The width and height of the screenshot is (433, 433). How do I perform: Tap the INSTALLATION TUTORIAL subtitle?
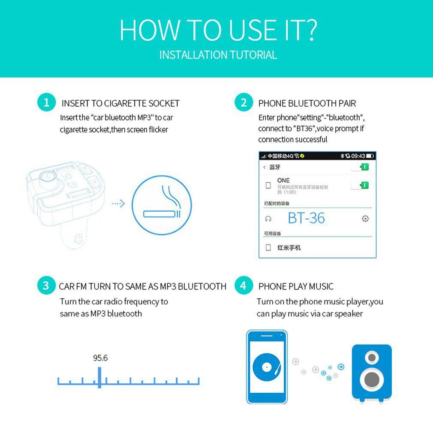pos(218,55)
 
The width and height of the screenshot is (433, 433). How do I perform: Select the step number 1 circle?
pos(46,102)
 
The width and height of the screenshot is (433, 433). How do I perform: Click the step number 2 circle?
pos(244,102)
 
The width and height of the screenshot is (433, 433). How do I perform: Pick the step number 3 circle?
pos(46,286)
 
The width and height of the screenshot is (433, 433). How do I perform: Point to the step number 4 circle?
pos(244,286)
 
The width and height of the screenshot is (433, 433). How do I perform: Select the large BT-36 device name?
pos(306,218)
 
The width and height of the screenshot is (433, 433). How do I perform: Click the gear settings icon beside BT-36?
pos(365,219)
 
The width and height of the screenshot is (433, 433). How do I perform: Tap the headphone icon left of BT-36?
pos(268,219)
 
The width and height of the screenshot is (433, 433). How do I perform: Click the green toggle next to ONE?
pos(360,185)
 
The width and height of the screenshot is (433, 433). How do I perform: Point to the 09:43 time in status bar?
pos(358,156)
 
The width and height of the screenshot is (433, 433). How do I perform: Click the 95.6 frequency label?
pos(100,358)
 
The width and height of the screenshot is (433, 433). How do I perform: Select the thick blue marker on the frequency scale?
pos(99,377)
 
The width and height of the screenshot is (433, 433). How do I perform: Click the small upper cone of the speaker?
pos(372,357)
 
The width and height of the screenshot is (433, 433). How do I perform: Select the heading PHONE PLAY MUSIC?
pos(296,286)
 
